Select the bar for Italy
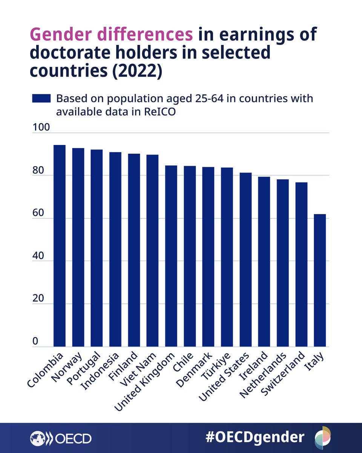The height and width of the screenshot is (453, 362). pyautogui.click(x=319, y=280)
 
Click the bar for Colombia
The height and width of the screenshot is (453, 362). pyautogui.click(x=59, y=246)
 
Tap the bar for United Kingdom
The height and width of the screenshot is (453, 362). pyautogui.click(x=171, y=256)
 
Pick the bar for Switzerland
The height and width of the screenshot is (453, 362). pyautogui.click(x=301, y=264)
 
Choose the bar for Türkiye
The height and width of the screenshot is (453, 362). pyautogui.click(x=227, y=257)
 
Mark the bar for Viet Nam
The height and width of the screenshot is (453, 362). pyautogui.click(x=152, y=250)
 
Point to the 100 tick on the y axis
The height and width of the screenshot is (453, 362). pyautogui.click(x=41, y=127)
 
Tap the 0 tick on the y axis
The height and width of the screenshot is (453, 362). pyautogui.click(x=35, y=341)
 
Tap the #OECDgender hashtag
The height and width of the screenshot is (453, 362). pyautogui.click(x=255, y=437)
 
